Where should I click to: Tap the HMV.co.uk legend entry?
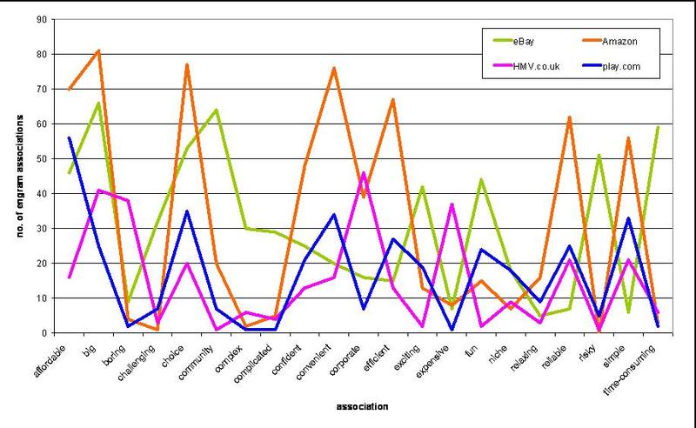point(532,64)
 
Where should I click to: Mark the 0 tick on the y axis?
point(46,333)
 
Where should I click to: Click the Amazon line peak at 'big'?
point(98,50)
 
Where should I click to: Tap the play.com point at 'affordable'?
point(69,137)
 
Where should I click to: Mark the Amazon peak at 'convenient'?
point(334,68)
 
